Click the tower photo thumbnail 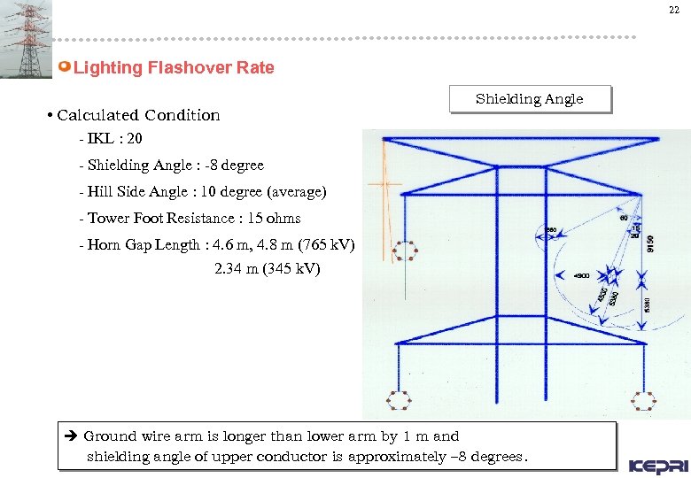click(26, 39)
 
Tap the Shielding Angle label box click(530, 99)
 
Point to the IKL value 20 click(135, 140)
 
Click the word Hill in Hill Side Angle click(100, 192)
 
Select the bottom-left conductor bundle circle click(400, 401)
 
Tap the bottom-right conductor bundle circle click(642, 401)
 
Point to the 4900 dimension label click(582, 276)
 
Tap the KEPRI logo click(656, 466)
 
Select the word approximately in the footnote click(399, 458)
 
